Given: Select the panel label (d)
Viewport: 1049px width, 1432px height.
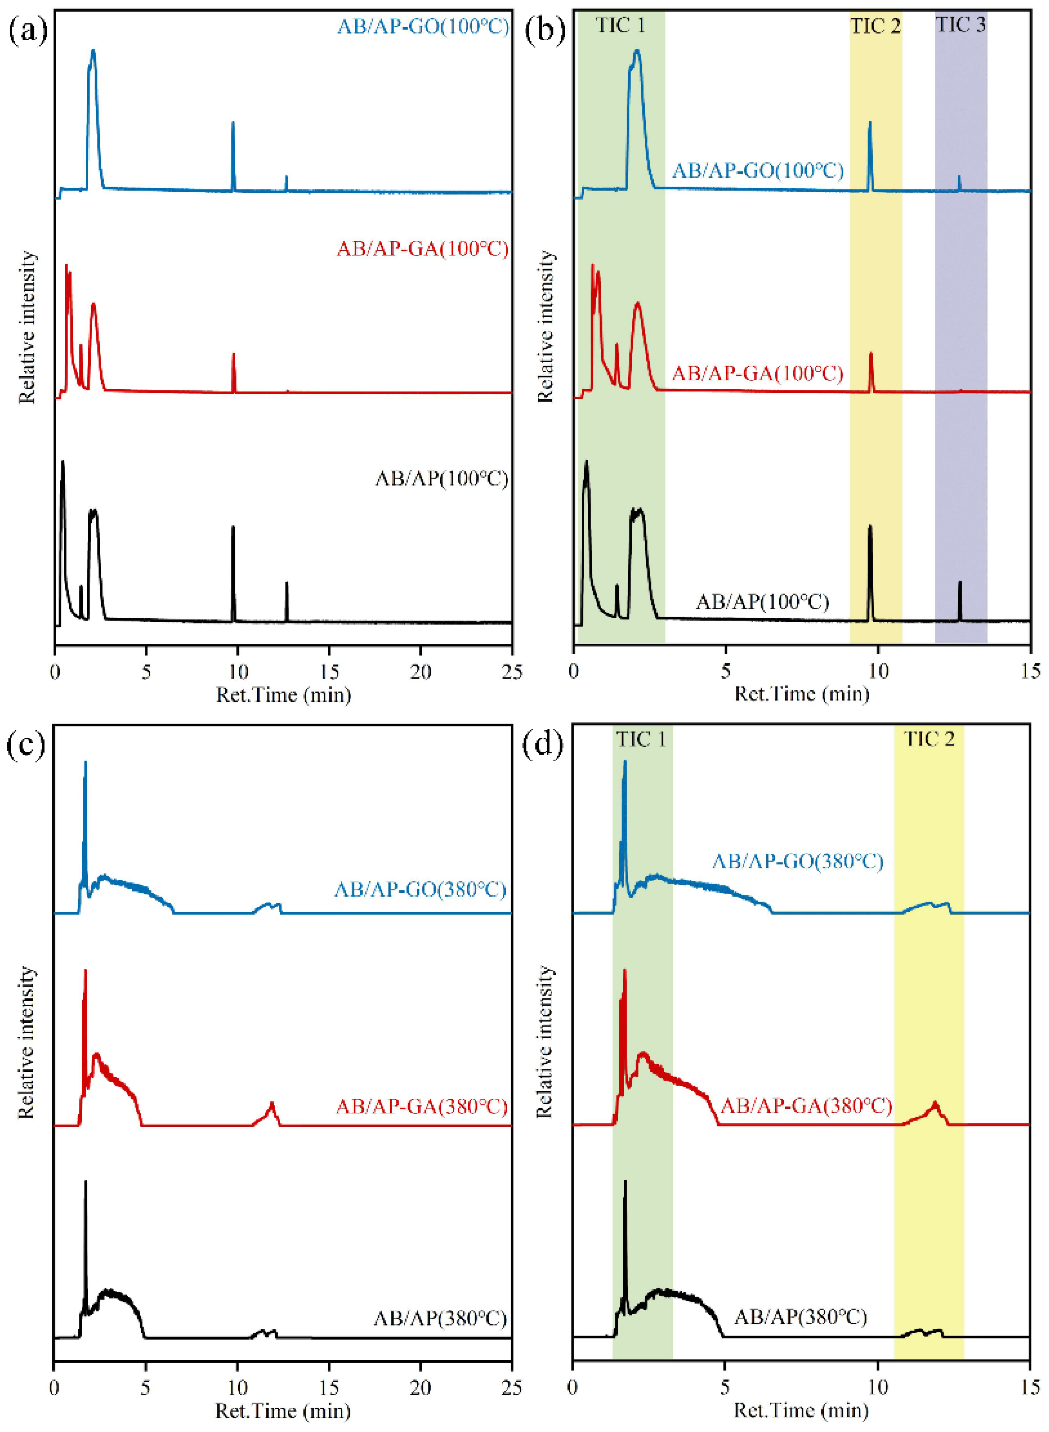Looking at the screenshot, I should pos(543,745).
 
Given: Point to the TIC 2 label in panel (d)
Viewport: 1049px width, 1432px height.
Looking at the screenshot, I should pos(929,739).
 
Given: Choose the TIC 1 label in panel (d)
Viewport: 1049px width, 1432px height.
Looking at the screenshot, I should pos(641,739).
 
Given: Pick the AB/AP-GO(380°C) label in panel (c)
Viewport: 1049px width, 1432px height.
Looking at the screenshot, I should pos(420,889).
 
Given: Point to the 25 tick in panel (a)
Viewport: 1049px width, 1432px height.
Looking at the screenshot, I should pos(511,672).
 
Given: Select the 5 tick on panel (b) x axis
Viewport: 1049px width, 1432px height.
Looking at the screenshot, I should pos(725,672).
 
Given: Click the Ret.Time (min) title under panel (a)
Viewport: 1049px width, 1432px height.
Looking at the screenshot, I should pos(283,695).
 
